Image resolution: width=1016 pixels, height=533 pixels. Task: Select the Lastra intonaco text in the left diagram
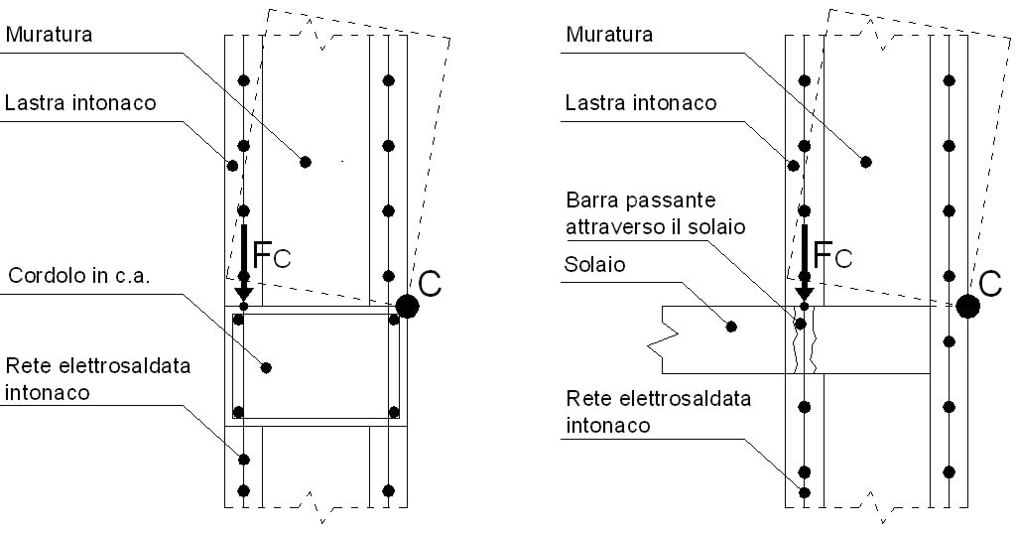point(80,103)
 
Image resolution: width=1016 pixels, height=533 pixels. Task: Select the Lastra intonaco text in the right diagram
point(641,103)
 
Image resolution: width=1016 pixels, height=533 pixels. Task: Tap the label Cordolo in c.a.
point(78,277)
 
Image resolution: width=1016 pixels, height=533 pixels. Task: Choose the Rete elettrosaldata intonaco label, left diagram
point(96,378)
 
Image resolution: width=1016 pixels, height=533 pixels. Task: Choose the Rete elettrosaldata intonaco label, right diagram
point(658,412)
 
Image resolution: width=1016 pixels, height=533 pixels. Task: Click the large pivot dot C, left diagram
point(407,306)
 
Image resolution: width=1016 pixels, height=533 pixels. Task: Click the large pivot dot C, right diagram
point(967,306)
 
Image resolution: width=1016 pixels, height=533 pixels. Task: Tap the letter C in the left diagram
point(430,283)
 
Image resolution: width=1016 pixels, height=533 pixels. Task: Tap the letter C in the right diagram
point(990,283)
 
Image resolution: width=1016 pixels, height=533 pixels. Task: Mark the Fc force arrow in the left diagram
point(243,263)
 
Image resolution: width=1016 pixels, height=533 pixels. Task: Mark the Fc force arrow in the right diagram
point(805,263)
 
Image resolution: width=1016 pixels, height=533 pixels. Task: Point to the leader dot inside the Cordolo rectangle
point(266,367)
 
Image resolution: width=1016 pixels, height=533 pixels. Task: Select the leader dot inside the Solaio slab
point(732,327)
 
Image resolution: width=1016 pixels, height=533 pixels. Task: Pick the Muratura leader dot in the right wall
point(866,161)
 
